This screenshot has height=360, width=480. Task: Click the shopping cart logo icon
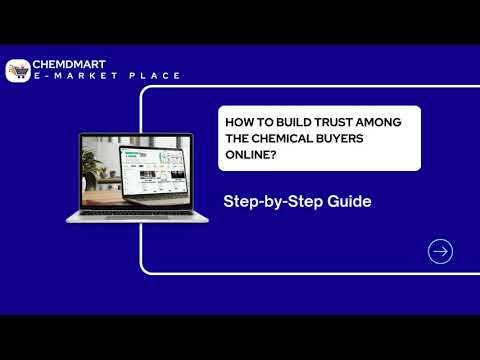coord(18,70)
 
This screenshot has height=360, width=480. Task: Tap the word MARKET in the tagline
coord(98,76)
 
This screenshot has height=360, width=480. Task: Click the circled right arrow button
coord(440,251)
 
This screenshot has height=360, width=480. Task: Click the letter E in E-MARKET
coord(38,76)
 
